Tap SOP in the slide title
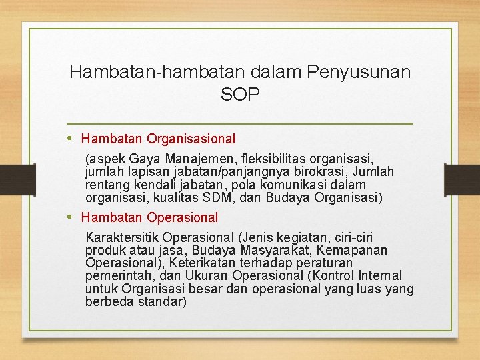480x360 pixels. (240, 95)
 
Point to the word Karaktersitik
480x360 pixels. (122, 237)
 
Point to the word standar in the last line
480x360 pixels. (160, 302)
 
